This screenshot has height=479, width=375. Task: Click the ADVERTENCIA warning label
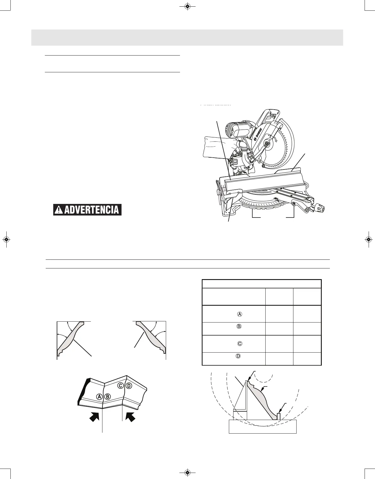pyautogui.click(x=87, y=210)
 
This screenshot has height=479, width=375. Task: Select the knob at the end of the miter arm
pyautogui.click(x=320, y=209)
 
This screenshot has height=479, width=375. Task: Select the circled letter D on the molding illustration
pyautogui.click(x=129, y=386)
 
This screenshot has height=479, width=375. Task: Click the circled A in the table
pyautogui.click(x=240, y=314)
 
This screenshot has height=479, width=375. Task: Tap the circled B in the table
pyautogui.click(x=239, y=327)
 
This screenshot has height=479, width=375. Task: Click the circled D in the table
pyautogui.click(x=238, y=356)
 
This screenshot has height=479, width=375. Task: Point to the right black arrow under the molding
pyautogui.click(x=130, y=417)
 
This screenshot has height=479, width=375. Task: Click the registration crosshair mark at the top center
pyautogui.click(x=187, y=6)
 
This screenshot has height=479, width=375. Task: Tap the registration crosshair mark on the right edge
pyautogui.click(x=368, y=239)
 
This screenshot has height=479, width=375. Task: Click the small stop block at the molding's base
pyautogui.click(x=279, y=416)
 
